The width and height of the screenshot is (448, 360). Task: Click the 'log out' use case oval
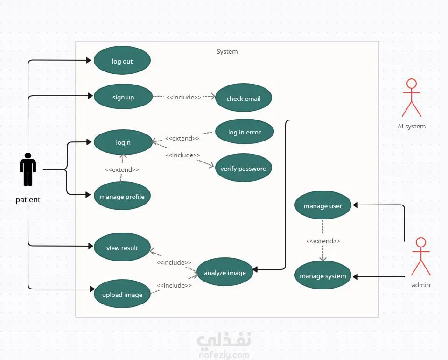coord(122,61)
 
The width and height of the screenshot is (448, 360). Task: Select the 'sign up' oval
coord(123,97)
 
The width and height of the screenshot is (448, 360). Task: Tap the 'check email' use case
coord(243,99)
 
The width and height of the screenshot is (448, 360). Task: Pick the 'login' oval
coord(123,142)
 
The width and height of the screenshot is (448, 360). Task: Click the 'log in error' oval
coord(244,132)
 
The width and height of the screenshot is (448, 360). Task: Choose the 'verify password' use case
coord(243,168)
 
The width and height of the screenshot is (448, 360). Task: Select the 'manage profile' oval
coord(122,197)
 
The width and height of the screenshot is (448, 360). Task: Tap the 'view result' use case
coord(122,248)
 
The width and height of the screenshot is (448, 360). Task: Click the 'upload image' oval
coord(122,295)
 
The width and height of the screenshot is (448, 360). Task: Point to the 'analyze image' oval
coord(224,273)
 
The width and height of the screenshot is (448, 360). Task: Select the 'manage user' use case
coord(322,206)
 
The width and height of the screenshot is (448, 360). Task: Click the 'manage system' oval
coord(322,276)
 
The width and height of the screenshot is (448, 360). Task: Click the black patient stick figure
coord(28,169)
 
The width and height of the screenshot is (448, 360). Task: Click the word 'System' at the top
coord(227,52)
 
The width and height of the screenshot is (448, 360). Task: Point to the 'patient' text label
coord(28,200)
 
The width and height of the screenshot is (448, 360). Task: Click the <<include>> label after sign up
coord(183,97)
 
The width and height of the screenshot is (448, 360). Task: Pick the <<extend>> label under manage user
coord(323,241)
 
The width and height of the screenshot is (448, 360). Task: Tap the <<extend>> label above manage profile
coord(122,169)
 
